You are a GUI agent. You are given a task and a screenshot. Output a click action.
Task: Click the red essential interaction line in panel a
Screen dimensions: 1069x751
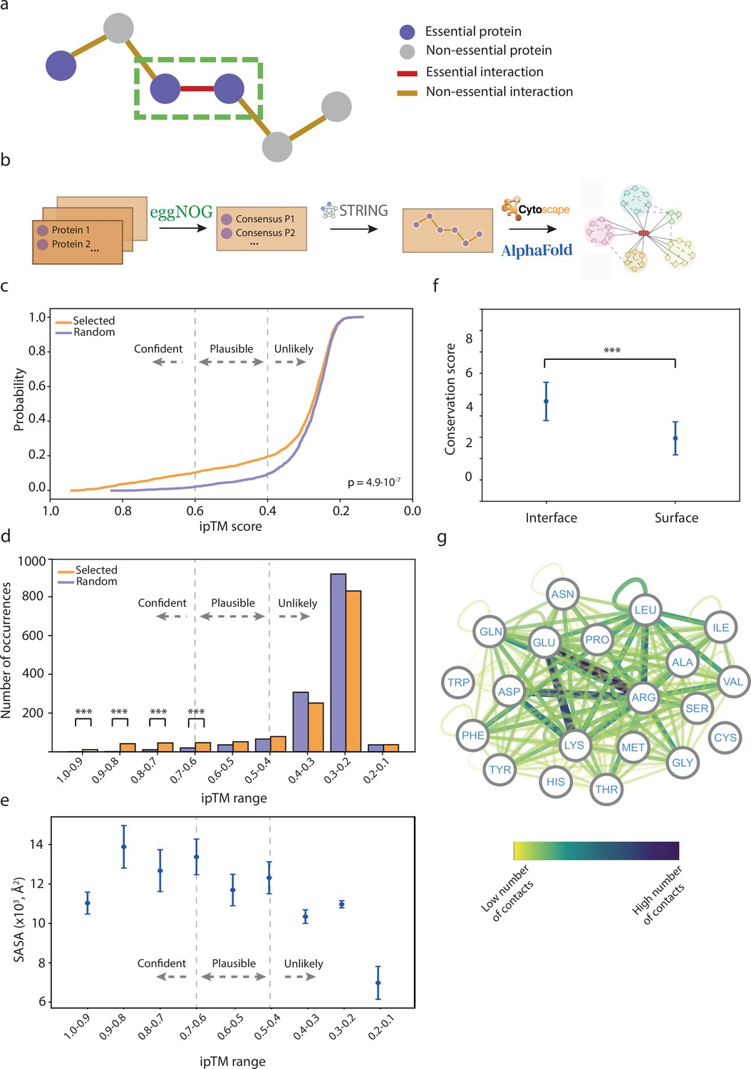(197, 89)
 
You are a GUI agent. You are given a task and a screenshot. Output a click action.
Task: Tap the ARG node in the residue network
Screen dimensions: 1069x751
(643, 698)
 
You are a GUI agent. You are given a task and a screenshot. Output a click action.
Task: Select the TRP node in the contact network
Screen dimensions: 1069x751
(458, 683)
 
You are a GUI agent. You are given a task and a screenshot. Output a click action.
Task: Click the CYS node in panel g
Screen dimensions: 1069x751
(725, 738)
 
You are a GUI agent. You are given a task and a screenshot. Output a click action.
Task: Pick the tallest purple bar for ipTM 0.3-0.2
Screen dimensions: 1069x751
(338, 662)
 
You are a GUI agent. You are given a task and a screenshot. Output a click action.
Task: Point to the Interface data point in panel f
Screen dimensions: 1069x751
(546, 401)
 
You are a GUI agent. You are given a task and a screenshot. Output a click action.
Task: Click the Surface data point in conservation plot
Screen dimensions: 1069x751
(675, 438)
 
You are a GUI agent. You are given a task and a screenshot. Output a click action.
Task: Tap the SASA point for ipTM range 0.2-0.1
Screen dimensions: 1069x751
(378, 983)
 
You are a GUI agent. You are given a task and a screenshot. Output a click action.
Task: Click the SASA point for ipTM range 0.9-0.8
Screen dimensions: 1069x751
(124, 847)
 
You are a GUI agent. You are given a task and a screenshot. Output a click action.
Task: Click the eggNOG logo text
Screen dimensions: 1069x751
(181, 212)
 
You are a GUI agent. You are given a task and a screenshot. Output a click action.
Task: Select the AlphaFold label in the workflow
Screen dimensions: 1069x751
(537, 250)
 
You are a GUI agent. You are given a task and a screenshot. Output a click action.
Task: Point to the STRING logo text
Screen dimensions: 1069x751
(363, 210)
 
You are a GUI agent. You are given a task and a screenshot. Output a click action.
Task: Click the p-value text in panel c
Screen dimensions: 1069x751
(374, 482)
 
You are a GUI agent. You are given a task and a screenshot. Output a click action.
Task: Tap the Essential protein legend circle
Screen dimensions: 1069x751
(407, 31)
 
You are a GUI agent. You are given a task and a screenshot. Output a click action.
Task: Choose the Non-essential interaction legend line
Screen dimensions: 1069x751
(407, 93)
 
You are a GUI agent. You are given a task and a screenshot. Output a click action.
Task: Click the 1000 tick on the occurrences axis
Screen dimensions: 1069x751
(31, 562)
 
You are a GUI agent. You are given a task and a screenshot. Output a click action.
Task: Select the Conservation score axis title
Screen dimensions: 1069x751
(450, 399)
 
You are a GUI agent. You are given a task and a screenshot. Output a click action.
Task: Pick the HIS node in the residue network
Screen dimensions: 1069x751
(556, 782)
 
